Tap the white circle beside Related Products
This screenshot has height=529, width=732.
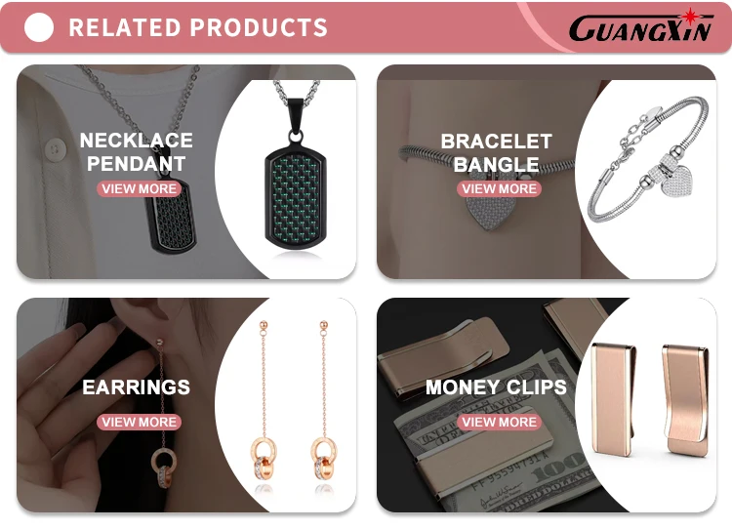pos(39,27)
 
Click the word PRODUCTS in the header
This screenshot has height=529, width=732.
pos(259,27)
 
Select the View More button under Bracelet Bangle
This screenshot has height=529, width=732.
pos(499,188)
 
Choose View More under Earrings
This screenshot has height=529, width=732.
pos(140,422)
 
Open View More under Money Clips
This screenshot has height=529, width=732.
pos(499,422)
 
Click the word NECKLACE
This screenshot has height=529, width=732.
pos(137,141)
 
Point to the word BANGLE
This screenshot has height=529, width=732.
pos(496,164)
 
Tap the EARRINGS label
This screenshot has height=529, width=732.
pos(137,387)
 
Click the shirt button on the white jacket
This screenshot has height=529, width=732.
pos(55,150)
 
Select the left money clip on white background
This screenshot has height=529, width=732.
pos(613,399)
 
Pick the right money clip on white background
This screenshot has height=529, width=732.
pos(685,399)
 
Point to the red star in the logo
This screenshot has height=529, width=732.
pos(689,17)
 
